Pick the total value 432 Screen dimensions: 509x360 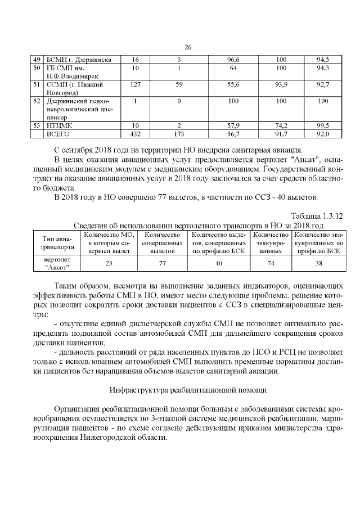point(135,134)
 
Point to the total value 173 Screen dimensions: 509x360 point(178,134)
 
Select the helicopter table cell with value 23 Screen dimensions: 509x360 point(109,263)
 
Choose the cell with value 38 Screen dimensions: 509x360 point(318,263)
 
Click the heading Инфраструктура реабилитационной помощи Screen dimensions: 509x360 point(188,389)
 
